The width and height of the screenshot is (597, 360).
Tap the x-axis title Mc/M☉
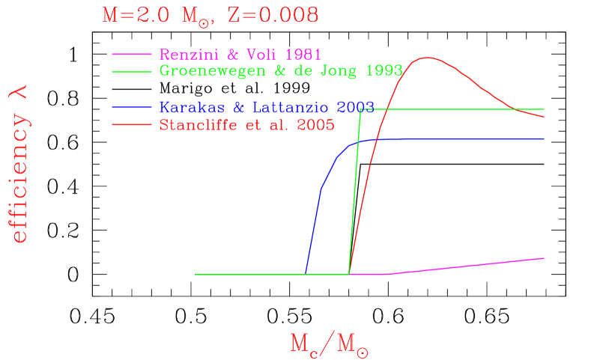pyautogui.click(x=329, y=343)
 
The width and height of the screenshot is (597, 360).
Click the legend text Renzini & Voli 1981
pyautogui.click(x=240, y=55)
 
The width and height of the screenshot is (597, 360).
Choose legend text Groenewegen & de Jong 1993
pyautogui.click(x=281, y=71)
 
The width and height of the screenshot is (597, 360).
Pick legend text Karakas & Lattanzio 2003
pyautogui.click(x=266, y=108)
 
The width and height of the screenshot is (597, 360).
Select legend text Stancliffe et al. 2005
pyautogui.click(x=246, y=125)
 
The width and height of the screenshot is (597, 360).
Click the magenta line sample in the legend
pyautogui.click(x=132, y=55)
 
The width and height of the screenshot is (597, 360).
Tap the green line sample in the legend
pyautogui.click(x=132, y=71)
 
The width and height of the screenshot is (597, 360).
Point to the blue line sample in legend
pyautogui.click(x=132, y=108)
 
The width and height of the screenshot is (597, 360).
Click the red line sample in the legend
pyautogui.click(x=132, y=125)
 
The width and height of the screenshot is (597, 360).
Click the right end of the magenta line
pyautogui.click(x=544, y=257)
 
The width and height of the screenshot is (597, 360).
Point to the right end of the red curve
pyautogui.click(x=544, y=118)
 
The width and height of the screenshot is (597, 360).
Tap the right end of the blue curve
pyautogui.click(x=544, y=139)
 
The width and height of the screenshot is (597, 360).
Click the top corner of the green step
pyautogui.click(x=361, y=109)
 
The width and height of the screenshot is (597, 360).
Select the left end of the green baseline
pyautogui.click(x=196, y=274)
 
